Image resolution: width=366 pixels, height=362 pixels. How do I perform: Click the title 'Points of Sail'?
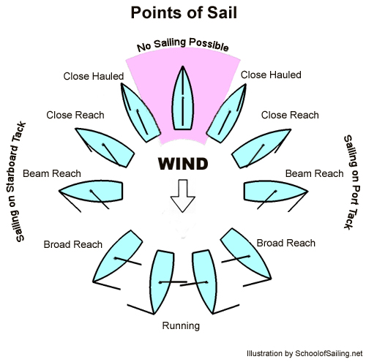[184, 12]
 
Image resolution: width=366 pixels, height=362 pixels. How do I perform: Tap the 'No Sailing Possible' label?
[183, 45]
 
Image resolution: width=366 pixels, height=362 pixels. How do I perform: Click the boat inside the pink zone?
[183, 98]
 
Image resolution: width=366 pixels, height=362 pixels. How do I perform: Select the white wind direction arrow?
[183, 196]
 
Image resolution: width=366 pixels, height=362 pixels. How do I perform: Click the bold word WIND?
[183, 164]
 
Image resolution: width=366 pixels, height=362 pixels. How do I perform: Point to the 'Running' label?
[181, 325]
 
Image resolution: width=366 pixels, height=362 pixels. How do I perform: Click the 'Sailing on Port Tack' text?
[351, 182]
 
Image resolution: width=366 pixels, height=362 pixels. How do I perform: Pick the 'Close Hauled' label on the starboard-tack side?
[94, 76]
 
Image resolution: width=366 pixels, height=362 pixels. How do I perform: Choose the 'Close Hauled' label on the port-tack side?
[271, 75]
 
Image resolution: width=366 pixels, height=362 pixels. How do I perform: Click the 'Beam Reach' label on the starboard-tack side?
[52, 173]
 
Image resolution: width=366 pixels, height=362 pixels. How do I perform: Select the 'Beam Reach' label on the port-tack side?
[314, 173]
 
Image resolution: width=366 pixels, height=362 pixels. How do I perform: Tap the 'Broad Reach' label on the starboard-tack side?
[72, 244]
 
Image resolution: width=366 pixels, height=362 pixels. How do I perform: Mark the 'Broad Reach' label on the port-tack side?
[286, 243]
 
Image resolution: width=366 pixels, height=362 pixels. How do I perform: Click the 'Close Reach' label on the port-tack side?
[290, 115]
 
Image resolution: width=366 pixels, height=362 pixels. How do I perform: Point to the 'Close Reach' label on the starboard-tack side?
[75, 115]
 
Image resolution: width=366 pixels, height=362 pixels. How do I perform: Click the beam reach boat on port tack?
[275, 192]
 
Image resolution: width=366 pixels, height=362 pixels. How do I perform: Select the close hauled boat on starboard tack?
[141, 113]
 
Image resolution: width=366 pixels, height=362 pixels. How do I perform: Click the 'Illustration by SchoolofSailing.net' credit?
[305, 353]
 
